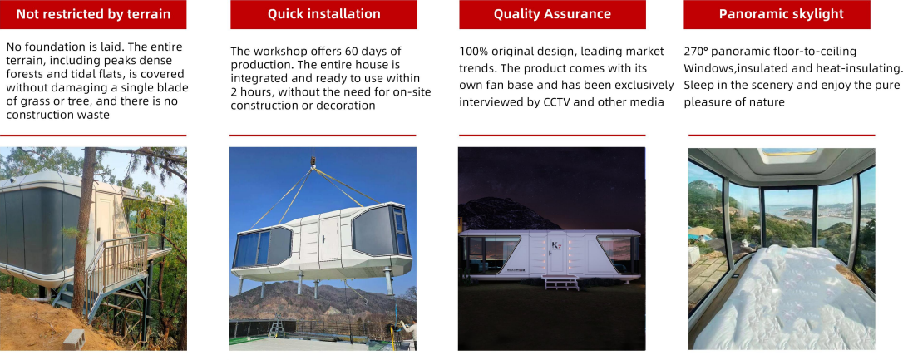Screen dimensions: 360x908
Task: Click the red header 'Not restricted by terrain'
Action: point(93,14)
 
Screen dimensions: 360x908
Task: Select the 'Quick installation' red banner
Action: point(323,14)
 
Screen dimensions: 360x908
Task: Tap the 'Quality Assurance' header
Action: point(552,14)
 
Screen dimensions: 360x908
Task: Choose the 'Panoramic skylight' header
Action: point(781,14)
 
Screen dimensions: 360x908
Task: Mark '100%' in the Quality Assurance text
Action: point(473,52)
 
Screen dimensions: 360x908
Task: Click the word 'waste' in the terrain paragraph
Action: point(110,116)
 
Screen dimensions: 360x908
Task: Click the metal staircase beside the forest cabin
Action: point(116,266)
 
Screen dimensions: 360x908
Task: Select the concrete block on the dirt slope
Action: point(74,338)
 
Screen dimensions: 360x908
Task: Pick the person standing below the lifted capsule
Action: point(408,333)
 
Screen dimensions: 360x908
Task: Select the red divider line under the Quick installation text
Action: point(323,135)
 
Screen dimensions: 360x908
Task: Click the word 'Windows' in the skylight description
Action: point(709,68)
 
